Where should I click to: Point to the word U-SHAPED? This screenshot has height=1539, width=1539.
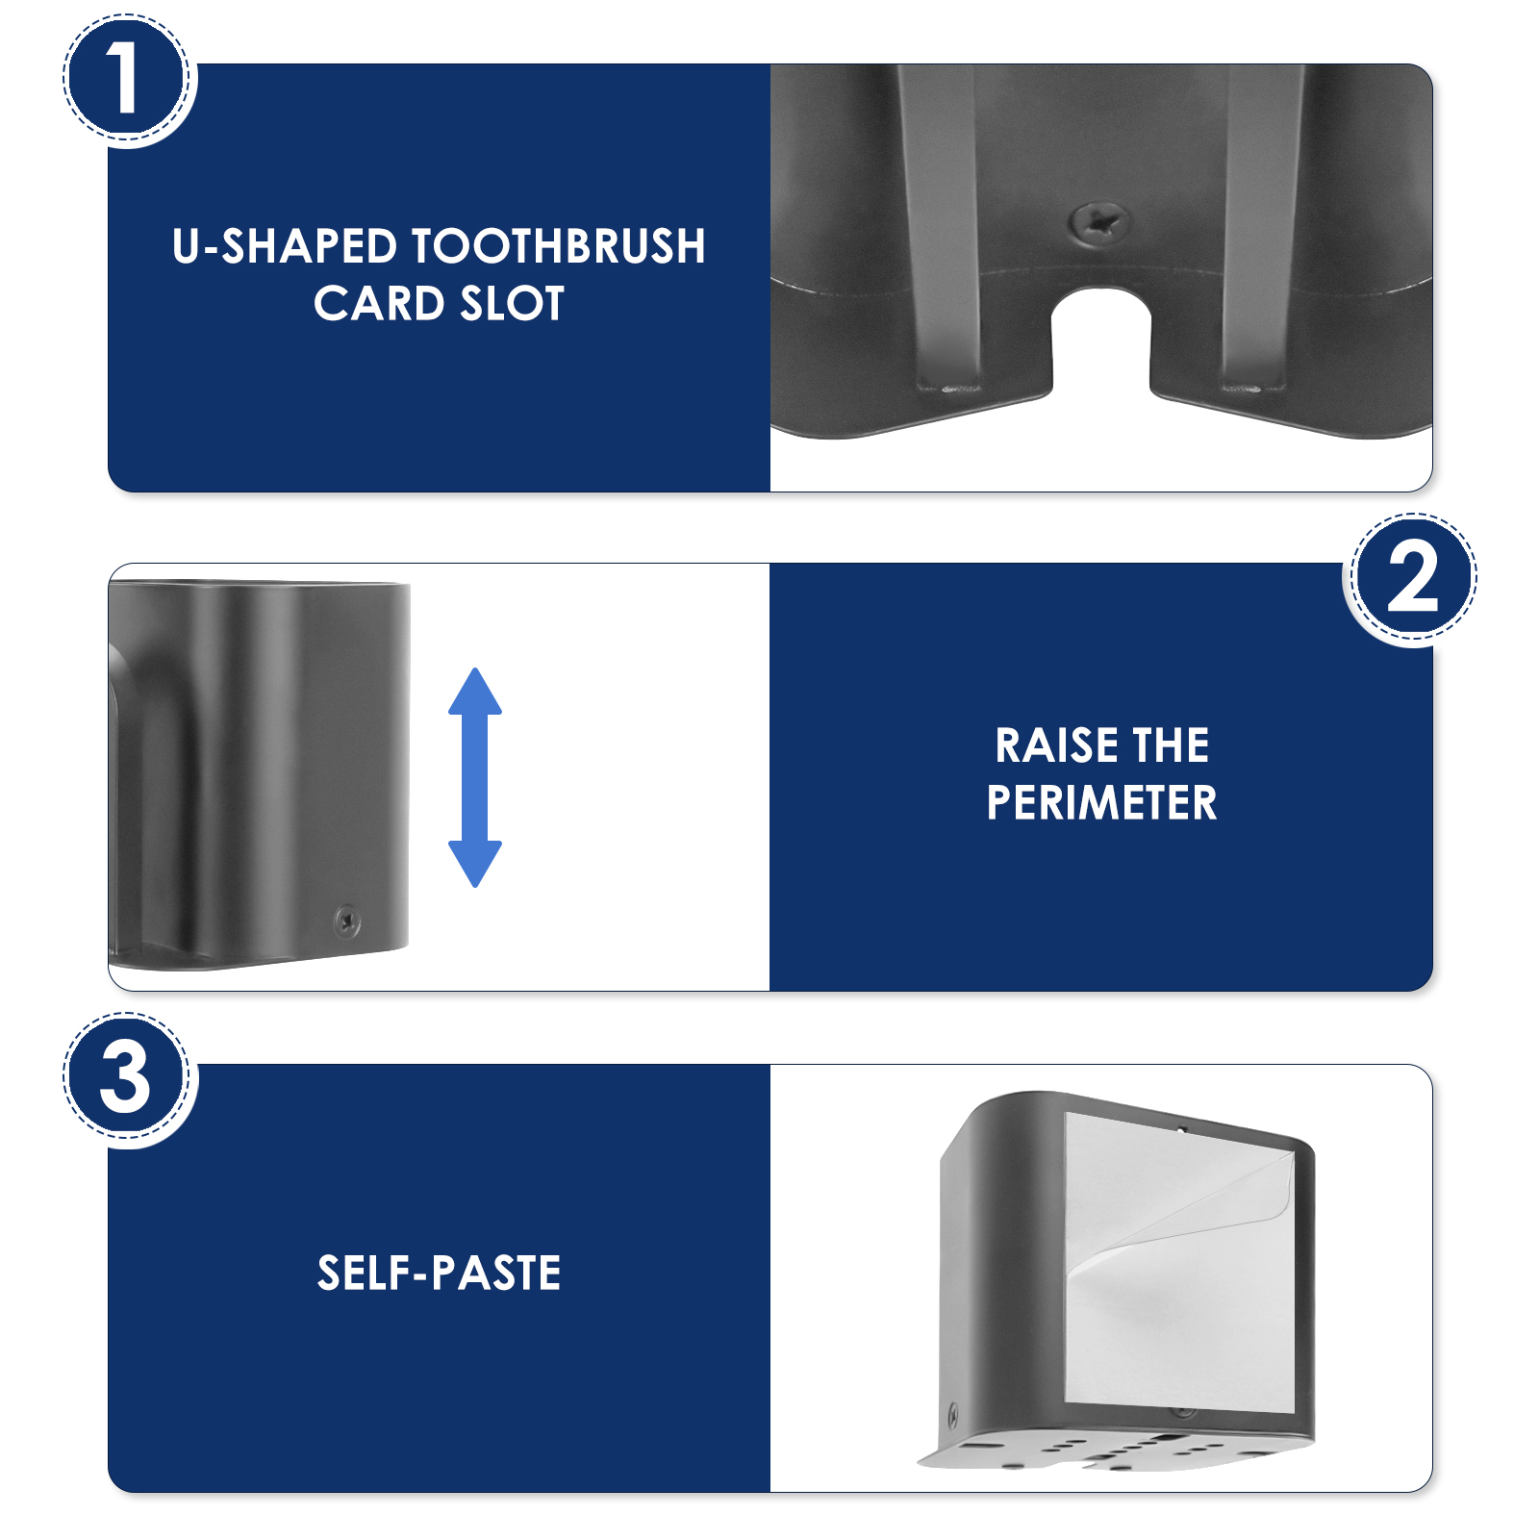[285, 246]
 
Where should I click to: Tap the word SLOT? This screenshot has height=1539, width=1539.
[512, 304]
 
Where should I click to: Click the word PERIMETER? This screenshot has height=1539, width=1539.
[1101, 802]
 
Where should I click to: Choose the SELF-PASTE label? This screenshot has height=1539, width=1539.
[439, 1273]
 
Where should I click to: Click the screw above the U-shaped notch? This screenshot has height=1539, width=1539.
[1100, 224]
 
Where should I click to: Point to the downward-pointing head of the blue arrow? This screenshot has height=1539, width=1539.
[475, 864]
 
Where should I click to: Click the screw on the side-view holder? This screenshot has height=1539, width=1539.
[347, 921]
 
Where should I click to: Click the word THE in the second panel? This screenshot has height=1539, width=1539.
[1171, 745]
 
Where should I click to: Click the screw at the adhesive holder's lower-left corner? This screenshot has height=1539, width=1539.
[953, 1415]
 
